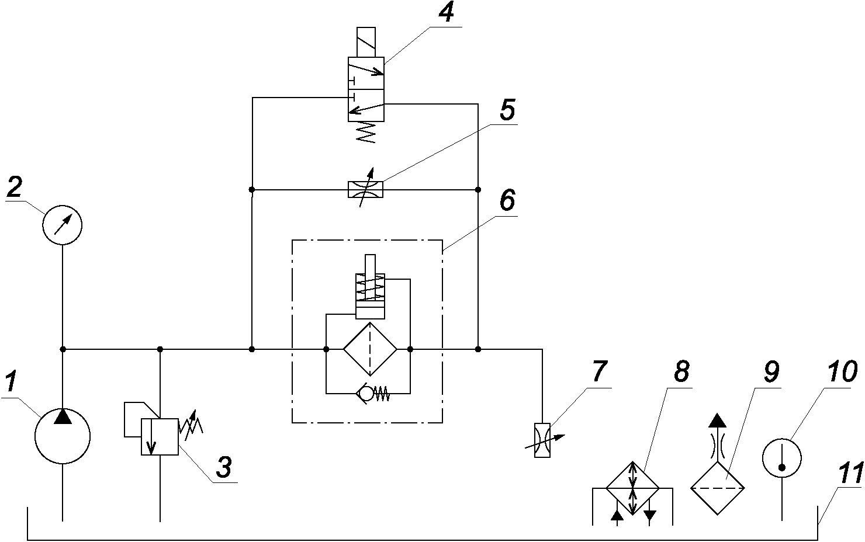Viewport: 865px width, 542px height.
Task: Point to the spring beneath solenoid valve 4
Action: [366, 133]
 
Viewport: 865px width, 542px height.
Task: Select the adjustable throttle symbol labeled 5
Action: [365, 189]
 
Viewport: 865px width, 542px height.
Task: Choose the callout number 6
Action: [507, 200]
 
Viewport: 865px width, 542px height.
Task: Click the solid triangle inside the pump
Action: [63, 416]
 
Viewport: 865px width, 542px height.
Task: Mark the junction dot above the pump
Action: [63, 349]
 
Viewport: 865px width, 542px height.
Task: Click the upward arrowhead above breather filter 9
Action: [718, 421]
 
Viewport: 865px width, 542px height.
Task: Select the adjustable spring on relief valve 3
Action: [191, 426]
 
